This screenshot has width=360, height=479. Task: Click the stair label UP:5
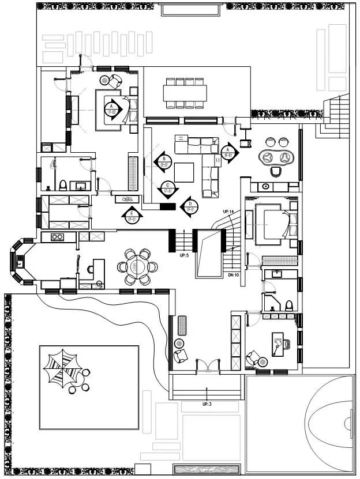click(185, 255)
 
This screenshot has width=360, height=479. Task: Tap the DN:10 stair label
click(234, 275)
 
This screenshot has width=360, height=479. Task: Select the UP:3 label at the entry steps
click(207, 404)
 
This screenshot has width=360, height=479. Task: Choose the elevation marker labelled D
click(189, 206)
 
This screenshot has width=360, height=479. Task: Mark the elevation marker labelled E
click(132, 216)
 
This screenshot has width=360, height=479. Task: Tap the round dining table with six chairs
click(137, 267)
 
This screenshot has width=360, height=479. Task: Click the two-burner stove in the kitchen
click(57, 236)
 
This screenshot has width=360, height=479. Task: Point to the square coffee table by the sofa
click(185, 172)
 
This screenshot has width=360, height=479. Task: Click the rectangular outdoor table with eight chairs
click(185, 93)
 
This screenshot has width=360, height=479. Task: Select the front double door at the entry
click(207, 365)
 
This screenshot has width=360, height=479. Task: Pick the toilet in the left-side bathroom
click(62, 186)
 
